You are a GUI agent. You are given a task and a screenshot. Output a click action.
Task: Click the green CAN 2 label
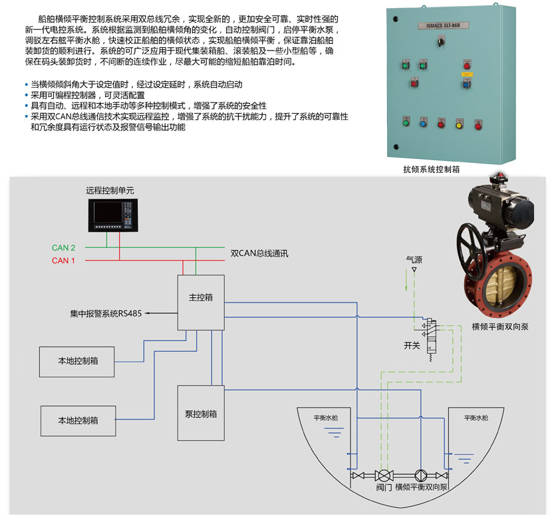[x=64, y=248]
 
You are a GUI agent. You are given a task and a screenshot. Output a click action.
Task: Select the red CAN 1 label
[x=64, y=261]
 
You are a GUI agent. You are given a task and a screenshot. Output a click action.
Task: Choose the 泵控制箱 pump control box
[x=200, y=414]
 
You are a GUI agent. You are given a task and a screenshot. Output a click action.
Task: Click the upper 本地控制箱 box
[x=78, y=361]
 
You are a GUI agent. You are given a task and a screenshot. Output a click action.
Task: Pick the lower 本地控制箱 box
[x=78, y=420]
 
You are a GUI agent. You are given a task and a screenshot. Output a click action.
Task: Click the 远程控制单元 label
[x=110, y=190]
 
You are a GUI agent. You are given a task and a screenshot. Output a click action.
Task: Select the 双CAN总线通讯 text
[x=259, y=253]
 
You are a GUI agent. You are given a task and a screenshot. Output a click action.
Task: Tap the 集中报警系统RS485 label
[x=106, y=313]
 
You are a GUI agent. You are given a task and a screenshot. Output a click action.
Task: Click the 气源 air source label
[x=414, y=258]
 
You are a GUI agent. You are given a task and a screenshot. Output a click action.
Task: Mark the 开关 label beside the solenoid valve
[x=412, y=345]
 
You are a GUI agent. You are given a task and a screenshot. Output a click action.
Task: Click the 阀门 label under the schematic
[x=384, y=487]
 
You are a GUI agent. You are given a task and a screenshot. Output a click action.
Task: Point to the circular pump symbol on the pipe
[x=420, y=476]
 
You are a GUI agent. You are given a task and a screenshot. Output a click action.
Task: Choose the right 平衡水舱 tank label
[x=476, y=418]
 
